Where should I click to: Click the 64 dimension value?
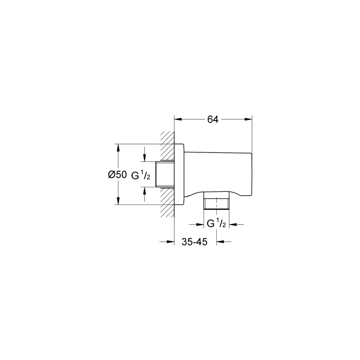coord(213,120)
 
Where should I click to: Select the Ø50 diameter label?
coord(117,175)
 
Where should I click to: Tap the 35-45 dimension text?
coord(194,242)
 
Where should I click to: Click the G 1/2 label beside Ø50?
coord(141,176)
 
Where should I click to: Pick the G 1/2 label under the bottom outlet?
coord(216,224)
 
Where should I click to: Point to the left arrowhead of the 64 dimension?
coord(178,119)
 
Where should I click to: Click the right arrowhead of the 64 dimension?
coord(248,119)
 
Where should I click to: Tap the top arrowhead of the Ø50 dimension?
coord(118,148)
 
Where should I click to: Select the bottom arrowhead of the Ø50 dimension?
coord(118,201)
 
